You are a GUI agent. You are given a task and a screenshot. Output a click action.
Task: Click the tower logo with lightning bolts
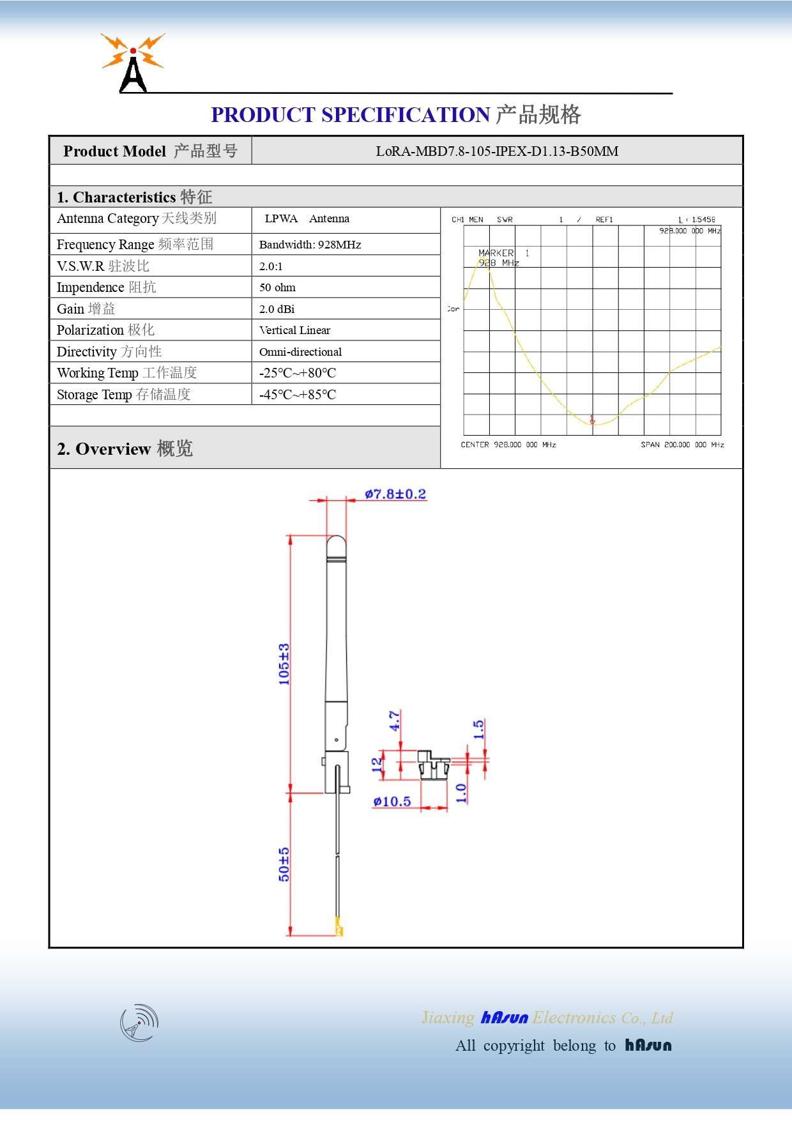click(133, 63)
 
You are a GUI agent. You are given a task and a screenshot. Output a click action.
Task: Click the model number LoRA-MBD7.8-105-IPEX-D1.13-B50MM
click(497, 151)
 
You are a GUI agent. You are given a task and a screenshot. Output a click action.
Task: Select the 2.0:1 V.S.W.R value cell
click(271, 266)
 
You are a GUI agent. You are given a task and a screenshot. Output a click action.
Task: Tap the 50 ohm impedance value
click(277, 287)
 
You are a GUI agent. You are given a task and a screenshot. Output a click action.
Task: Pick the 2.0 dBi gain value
click(277, 309)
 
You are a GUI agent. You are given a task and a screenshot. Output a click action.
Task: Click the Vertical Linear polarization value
click(294, 330)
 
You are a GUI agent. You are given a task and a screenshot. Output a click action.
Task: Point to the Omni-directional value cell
click(300, 352)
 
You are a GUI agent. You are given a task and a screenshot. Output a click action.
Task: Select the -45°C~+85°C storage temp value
click(298, 395)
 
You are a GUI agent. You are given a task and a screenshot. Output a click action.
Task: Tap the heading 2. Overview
click(125, 449)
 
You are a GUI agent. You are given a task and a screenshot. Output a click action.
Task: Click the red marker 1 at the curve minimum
click(592, 420)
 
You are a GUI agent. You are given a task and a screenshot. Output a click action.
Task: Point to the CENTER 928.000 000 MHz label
click(508, 445)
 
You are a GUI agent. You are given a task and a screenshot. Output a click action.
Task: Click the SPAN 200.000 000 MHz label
click(682, 445)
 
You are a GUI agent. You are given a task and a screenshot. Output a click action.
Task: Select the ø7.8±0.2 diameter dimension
click(395, 494)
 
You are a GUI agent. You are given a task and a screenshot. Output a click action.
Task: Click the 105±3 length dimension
click(284, 664)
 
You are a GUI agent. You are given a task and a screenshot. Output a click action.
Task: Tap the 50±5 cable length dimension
click(284, 864)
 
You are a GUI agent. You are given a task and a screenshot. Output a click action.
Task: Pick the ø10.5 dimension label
click(392, 802)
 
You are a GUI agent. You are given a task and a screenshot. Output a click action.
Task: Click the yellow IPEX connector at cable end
click(339, 928)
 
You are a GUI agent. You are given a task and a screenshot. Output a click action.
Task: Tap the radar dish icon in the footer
click(139, 1023)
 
